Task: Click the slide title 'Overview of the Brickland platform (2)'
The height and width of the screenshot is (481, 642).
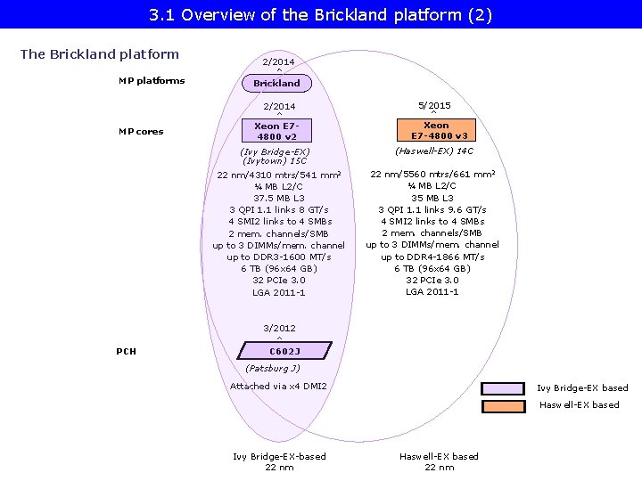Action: point(321,15)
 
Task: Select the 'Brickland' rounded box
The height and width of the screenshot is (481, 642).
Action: point(277,83)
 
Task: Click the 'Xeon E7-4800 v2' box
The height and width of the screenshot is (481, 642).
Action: point(277,131)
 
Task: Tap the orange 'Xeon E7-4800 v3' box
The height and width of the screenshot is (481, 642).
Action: point(436,131)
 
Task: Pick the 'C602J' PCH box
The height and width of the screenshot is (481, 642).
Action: point(277,351)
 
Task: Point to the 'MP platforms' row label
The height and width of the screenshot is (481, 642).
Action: point(152,81)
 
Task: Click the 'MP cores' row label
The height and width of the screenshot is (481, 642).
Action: point(141,132)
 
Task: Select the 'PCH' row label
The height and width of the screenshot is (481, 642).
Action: point(127,351)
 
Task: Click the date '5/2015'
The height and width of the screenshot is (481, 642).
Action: point(434,105)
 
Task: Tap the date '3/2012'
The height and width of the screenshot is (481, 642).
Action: point(279,328)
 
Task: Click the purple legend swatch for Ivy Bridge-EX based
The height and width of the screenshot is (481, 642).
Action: point(504,388)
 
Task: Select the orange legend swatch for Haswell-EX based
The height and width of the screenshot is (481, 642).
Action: point(504,405)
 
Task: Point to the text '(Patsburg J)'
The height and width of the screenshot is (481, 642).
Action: point(272,368)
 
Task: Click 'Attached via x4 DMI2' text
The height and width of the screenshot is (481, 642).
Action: point(278,386)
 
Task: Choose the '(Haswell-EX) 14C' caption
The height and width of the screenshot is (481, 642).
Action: point(434,151)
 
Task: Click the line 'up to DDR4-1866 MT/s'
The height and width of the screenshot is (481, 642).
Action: point(432,257)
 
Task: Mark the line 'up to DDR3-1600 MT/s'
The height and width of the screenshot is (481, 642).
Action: point(278,257)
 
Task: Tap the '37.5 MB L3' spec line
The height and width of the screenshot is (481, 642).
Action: point(278,198)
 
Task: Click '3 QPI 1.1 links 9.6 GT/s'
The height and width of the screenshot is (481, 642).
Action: point(432,209)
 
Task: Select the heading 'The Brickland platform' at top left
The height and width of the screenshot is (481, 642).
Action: point(100,54)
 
